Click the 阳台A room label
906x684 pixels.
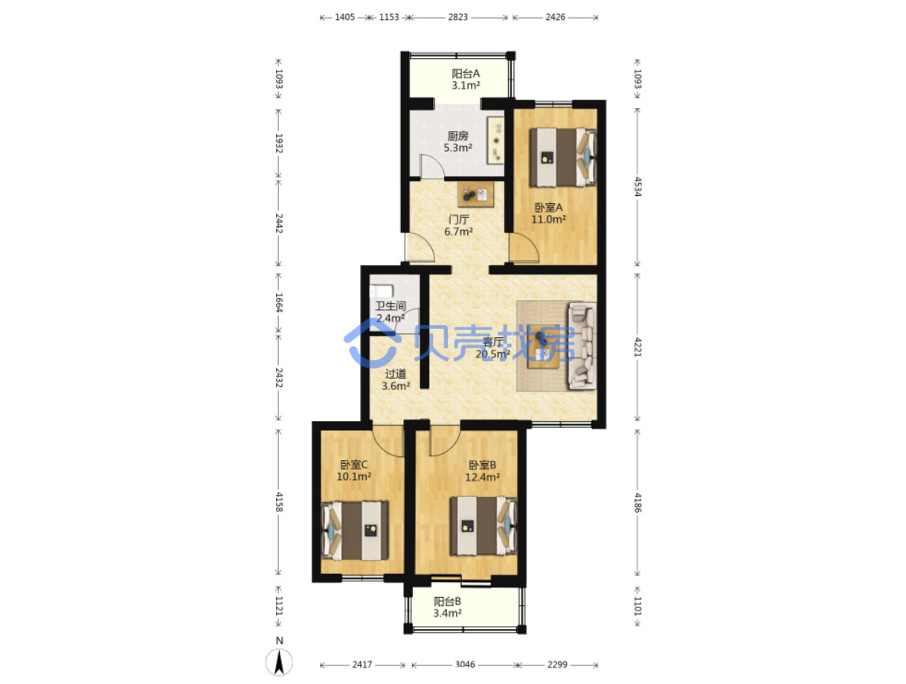click(x=465, y=74)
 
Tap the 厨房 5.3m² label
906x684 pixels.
click(x=457, y=141)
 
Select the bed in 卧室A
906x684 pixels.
click(x=563, y=157)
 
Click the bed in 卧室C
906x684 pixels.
click(x=355, y=530)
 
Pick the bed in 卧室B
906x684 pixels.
click(x=483, y=525)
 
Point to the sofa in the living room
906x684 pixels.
click(x=582, y=345)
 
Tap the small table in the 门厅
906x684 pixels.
click(x=475, y=194)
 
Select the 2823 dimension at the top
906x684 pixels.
click(x=457, y=17)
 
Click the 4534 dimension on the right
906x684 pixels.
click(x=637, y=187)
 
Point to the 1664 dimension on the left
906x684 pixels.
click(x=279, y=302)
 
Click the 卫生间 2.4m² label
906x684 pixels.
click(x=391, y=312)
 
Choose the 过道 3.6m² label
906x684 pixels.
click(x=396, y=380)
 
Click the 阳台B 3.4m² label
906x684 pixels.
click(x=447, y=607)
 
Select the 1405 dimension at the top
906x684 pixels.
click(x=344, y=17)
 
